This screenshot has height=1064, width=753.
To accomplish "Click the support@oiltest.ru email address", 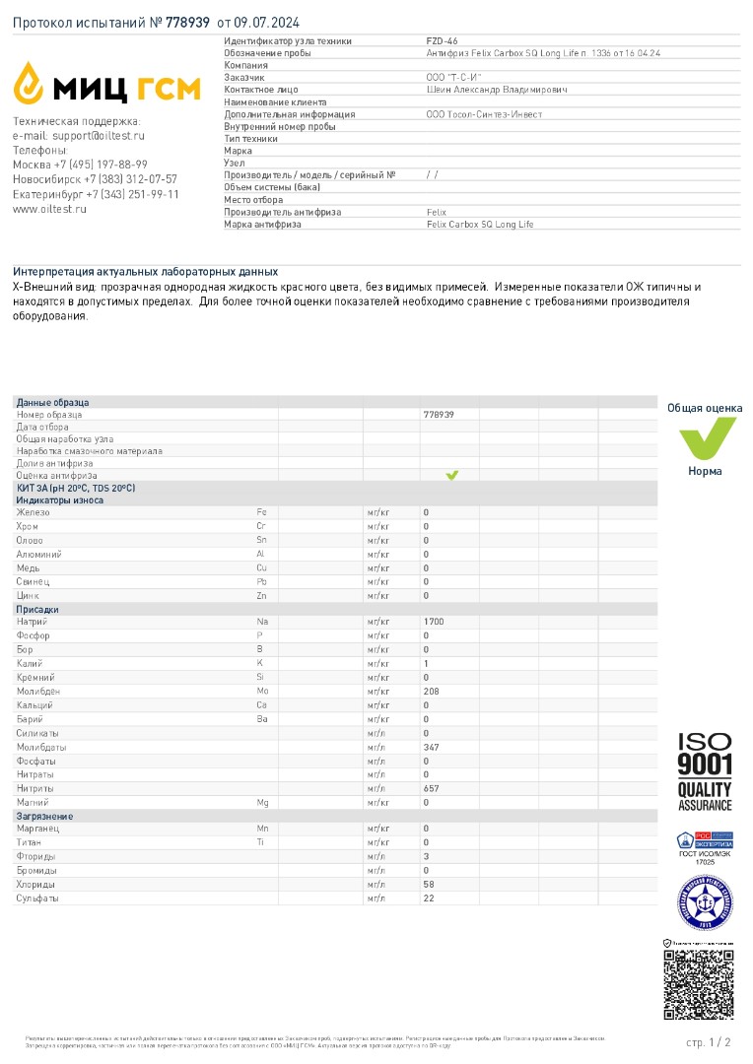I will coord(98,135).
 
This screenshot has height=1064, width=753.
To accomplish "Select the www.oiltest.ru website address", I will coord(49,209).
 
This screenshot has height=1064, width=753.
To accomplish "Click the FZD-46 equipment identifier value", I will coord(435,41).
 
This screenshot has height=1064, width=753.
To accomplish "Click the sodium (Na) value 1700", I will coord(433,622).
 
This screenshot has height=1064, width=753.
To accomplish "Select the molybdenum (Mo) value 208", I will coord(430,691).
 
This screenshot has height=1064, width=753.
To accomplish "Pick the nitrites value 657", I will coord(430,788).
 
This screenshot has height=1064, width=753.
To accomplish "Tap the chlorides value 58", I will coord(428,885).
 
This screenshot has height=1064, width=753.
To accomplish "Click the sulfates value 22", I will coord(428,898).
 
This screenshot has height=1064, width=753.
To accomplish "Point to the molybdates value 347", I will coord(430,747).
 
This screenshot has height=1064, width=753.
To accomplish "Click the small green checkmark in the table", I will coord(451,475).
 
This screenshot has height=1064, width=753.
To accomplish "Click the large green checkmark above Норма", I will coord(705,437).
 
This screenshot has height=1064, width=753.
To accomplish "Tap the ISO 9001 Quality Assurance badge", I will coord(705,770).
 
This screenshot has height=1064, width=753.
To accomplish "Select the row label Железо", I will coord(33,512).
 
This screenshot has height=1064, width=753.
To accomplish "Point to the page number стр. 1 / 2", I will coord(708,1041).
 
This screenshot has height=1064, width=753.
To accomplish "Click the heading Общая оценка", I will coord(705,408).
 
